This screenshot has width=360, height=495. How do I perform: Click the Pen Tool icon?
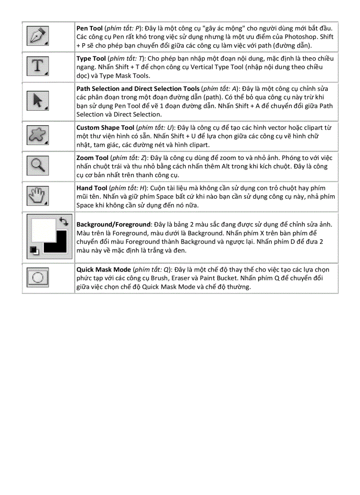[37, 36]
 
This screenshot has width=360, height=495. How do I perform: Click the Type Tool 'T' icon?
[37, 66]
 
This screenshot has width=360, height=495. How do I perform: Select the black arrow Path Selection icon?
[37, 100]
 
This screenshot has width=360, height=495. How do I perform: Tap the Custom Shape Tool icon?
[37, 135]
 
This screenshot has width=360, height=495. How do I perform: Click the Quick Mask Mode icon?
[37, 278]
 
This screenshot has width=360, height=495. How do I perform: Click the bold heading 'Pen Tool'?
[90, 29]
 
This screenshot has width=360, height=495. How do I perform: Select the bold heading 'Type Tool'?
[91, 59]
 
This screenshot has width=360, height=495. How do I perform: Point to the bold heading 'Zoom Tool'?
[92, 158]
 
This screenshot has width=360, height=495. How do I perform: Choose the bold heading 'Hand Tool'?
[92, 188]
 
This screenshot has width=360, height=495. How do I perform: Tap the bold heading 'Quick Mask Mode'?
[103, 269]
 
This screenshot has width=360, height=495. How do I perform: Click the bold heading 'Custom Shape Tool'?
[105, 128]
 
